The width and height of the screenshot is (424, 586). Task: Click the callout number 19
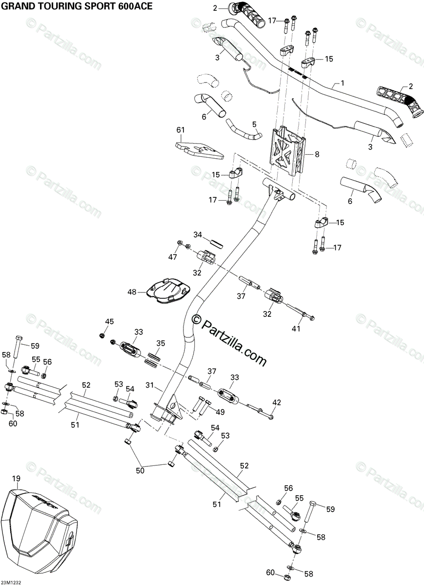[x=17, y=480]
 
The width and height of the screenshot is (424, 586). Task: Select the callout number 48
[x=132, y=292]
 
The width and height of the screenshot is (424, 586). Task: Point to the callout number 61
[x=181, y=130]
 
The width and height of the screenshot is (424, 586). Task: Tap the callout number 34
[x=197, y=235]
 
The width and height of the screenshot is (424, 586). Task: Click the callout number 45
[x=109, y=321]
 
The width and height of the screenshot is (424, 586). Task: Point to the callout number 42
[x=277, y=402]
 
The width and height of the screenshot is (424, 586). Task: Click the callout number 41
[x=296, y=329]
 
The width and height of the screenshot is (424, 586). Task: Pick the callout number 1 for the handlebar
[x=342, y=83]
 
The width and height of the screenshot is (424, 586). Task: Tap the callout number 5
[x=254, y=124]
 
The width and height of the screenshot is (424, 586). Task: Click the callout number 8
[x=317, y=154]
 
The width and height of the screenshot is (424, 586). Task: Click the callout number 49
[x=221, y=412]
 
